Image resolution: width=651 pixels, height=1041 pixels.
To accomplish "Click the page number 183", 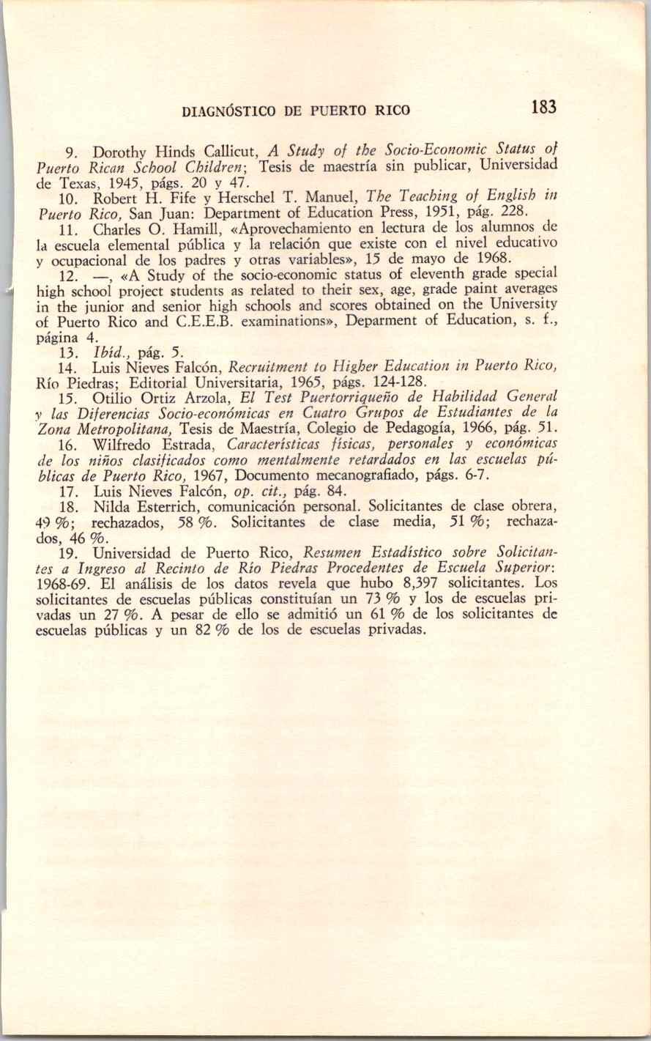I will pos(545,108).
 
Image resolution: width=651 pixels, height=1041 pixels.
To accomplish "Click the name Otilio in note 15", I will pos(114,398).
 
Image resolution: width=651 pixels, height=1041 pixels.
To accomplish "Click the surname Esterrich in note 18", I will pos(170,506).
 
